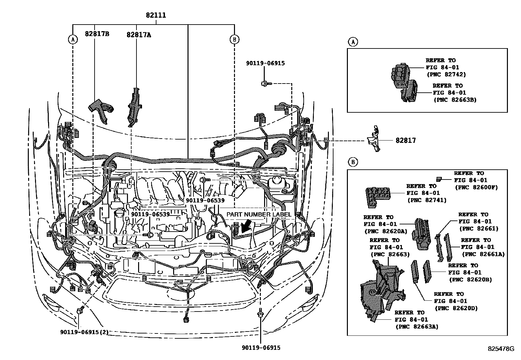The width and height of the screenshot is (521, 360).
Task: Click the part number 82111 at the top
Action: [x=156, y=15]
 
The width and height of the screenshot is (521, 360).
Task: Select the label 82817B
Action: [x=97, y=33]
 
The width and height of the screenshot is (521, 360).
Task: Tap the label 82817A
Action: [x=139, y=35]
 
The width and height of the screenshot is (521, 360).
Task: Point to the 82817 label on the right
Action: [x=405, y=141]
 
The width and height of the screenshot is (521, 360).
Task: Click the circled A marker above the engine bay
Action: [x=73, y=40]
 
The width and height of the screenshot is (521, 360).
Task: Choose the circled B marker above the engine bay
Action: [x=234, y=40]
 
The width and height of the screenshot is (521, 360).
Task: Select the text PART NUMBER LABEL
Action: [x=259, y=215]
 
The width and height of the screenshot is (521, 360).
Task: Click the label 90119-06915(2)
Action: [x=84, y=332]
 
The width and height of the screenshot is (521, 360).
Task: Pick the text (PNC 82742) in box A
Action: [x=446, y=74]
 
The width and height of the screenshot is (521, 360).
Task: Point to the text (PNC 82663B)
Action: [x=455, y=100]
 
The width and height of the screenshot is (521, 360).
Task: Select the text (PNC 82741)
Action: [x=427, y=200]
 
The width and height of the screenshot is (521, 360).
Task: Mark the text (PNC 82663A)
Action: [x=416, y=326]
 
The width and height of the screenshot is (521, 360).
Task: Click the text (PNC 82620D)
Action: [x=456, y=308]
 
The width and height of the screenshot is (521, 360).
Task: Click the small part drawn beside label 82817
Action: [x=374, y=139]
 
